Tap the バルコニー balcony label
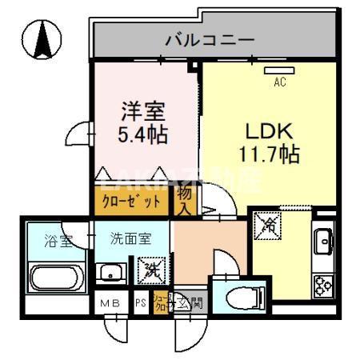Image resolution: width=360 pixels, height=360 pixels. (210, 38)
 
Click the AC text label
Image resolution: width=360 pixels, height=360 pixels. (280, 82)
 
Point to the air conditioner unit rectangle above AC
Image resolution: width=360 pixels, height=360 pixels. (280, 70)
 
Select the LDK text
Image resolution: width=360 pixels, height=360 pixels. (275, 129)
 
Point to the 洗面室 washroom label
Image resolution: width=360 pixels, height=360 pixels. (130, 238)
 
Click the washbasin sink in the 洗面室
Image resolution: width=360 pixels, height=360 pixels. (110, 272)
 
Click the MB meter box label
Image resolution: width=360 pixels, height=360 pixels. (110, 304)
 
